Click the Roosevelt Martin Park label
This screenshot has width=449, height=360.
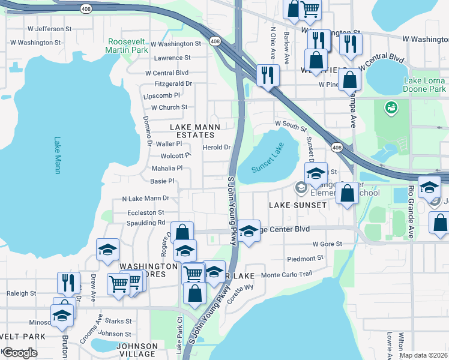coord(127,46)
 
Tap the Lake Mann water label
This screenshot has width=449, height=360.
coord(58,155)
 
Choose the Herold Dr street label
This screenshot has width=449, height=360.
coord(217,147)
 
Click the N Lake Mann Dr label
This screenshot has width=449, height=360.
coord(145,198)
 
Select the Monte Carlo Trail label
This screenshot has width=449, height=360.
coord(288,274)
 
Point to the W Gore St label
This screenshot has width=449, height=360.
coord(327,244)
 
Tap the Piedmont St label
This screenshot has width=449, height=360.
coord(306,259)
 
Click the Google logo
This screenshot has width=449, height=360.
coord(19,353)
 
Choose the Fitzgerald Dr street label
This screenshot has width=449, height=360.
coord(173,84)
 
